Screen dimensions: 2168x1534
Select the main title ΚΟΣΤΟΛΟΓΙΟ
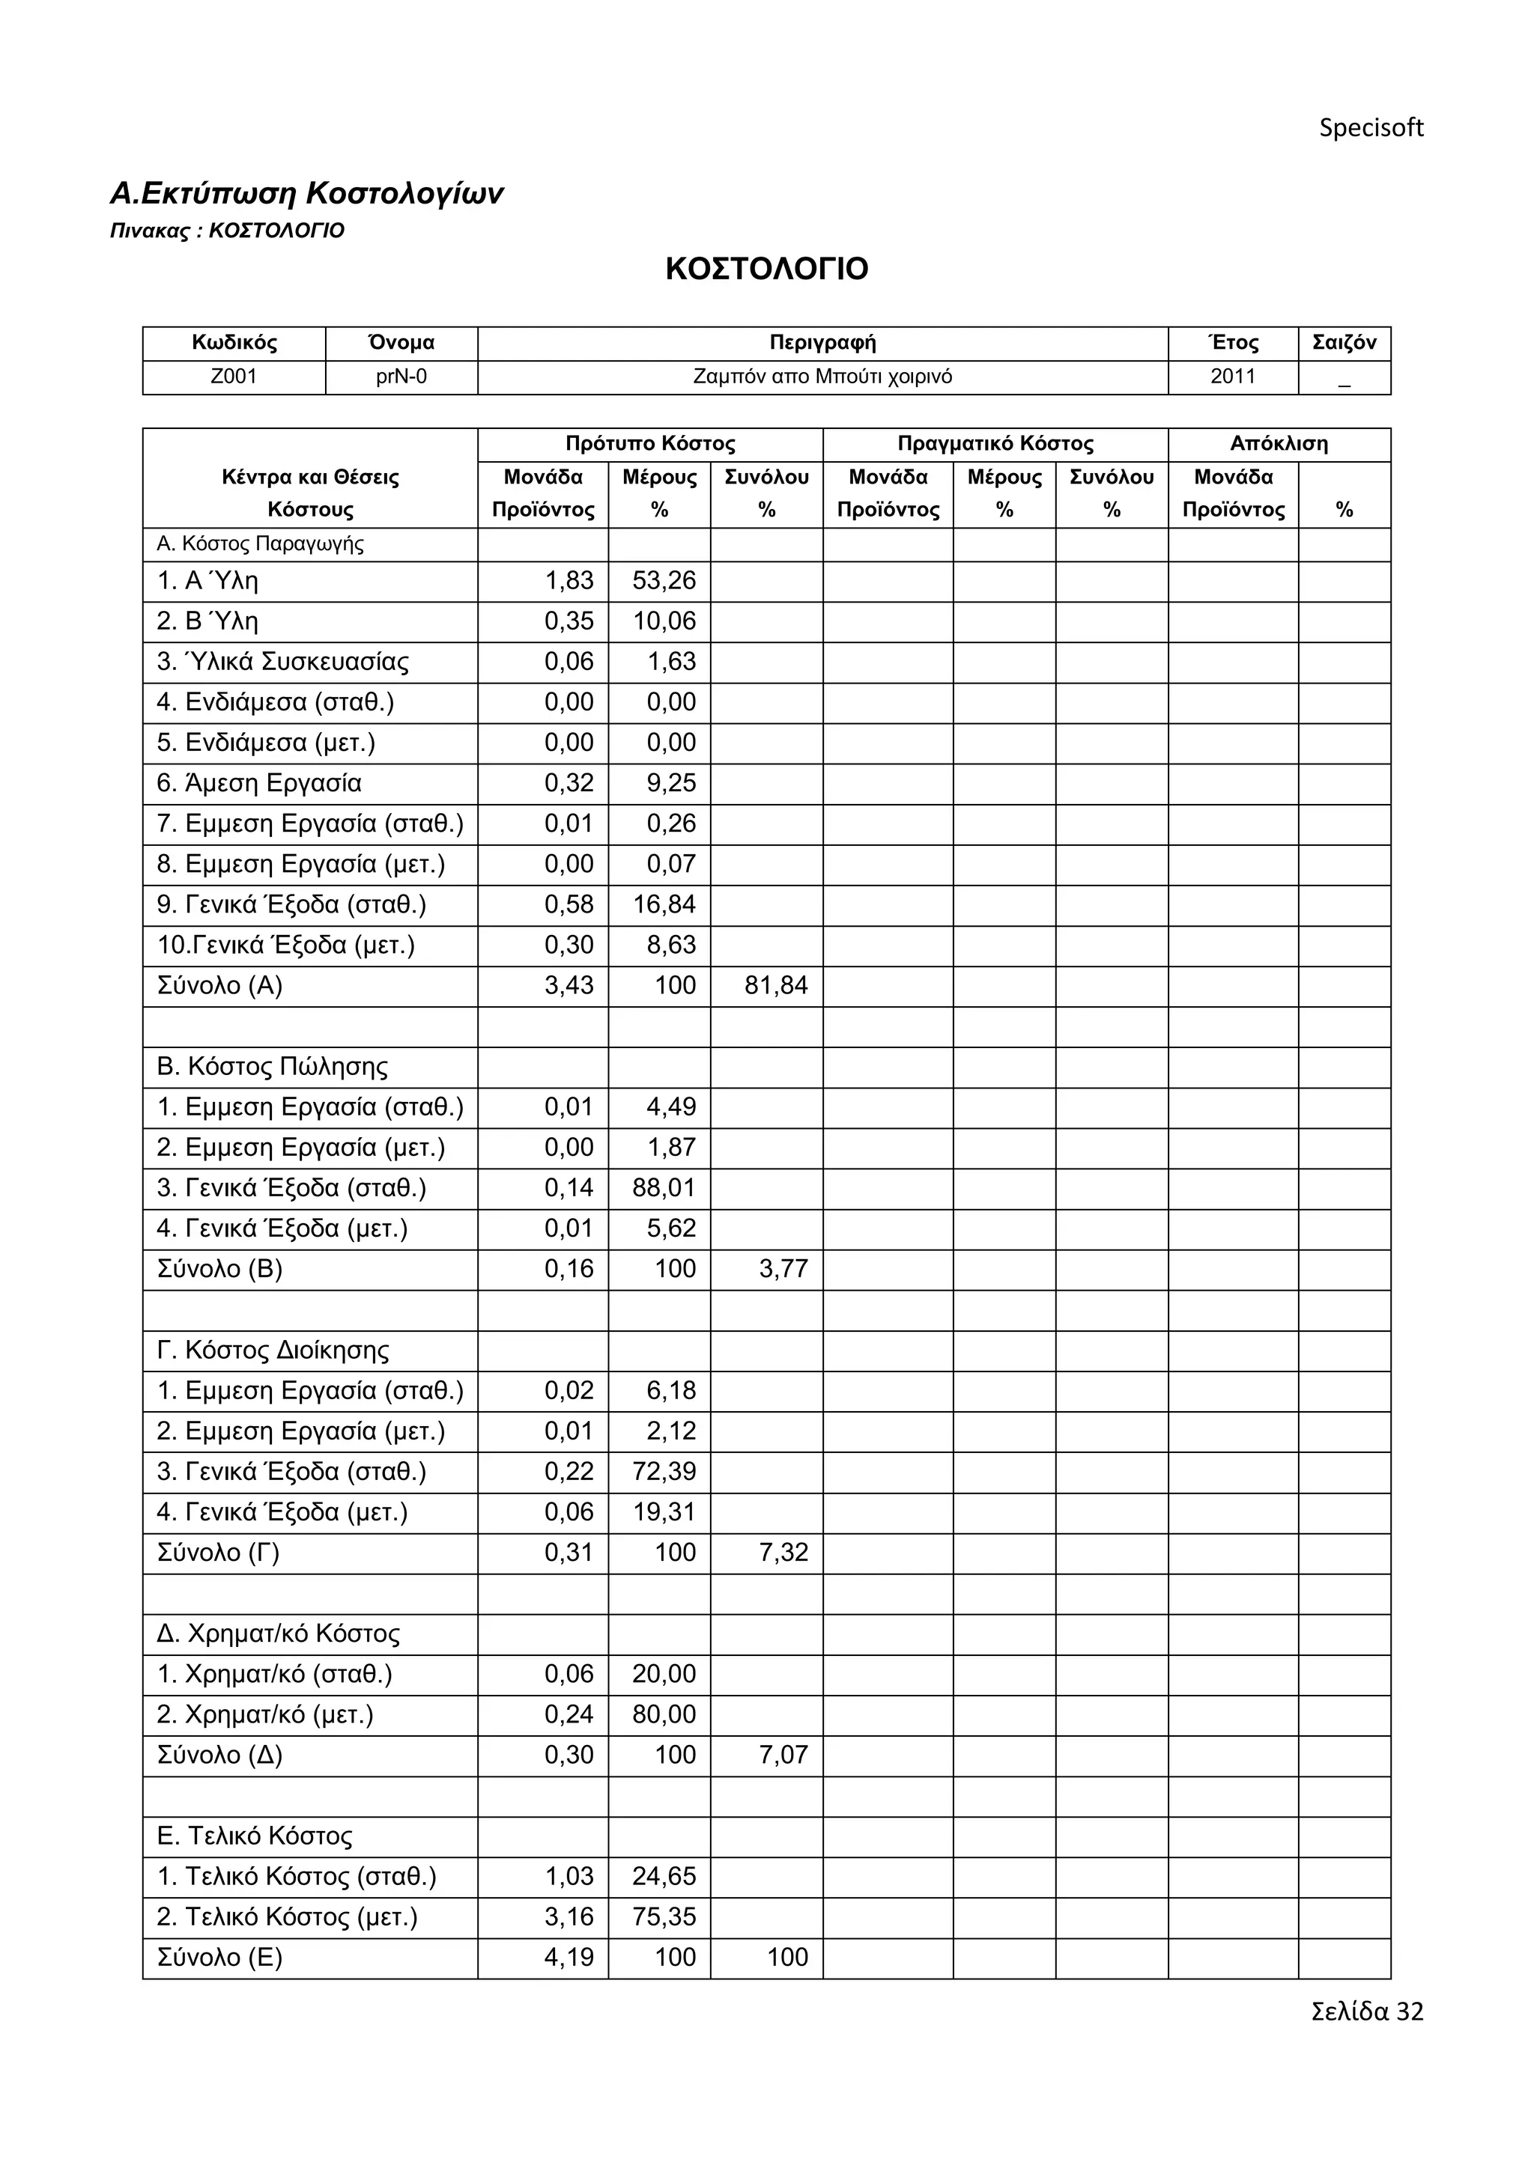pos(766,269)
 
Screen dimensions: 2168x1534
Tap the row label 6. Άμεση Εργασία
pos(259,784)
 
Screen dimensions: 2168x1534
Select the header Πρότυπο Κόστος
pos(650,444)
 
